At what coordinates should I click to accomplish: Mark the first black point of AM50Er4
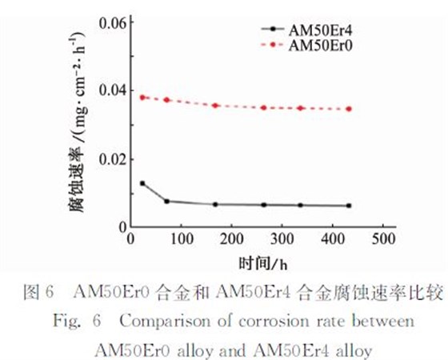click(142, 183)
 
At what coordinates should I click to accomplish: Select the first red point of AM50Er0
click(142, 97)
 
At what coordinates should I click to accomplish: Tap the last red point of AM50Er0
click(349, 109)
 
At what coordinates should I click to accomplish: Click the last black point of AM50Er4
click(349, 206)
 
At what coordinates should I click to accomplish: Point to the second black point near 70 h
click(166, 201)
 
